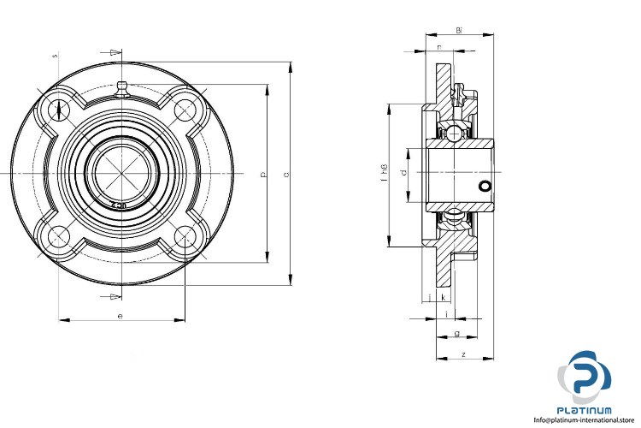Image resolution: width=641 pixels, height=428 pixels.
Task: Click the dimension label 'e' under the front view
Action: tap(121, 316)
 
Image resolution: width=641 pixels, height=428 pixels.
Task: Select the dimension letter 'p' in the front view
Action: tap(263, 175)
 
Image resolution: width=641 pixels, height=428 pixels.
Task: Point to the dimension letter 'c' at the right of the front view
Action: tap(285, 175)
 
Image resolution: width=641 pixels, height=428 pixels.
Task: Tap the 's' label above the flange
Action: tap(55, 56)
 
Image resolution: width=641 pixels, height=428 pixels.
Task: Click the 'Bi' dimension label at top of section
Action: tap(459, 31)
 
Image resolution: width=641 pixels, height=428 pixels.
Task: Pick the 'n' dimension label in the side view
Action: tap(439, 47)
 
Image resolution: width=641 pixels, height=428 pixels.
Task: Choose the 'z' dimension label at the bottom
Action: tap(462, 354)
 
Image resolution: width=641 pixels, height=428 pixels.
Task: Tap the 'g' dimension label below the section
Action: tap(457, 333)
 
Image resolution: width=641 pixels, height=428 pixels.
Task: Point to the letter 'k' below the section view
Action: tap(444, 297)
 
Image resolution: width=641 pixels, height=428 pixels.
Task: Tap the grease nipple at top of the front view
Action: tap(121, 86)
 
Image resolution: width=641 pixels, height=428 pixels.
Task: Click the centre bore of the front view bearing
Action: tap(121, 173)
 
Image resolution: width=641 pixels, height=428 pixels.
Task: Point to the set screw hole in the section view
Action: tap(485, 186)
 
